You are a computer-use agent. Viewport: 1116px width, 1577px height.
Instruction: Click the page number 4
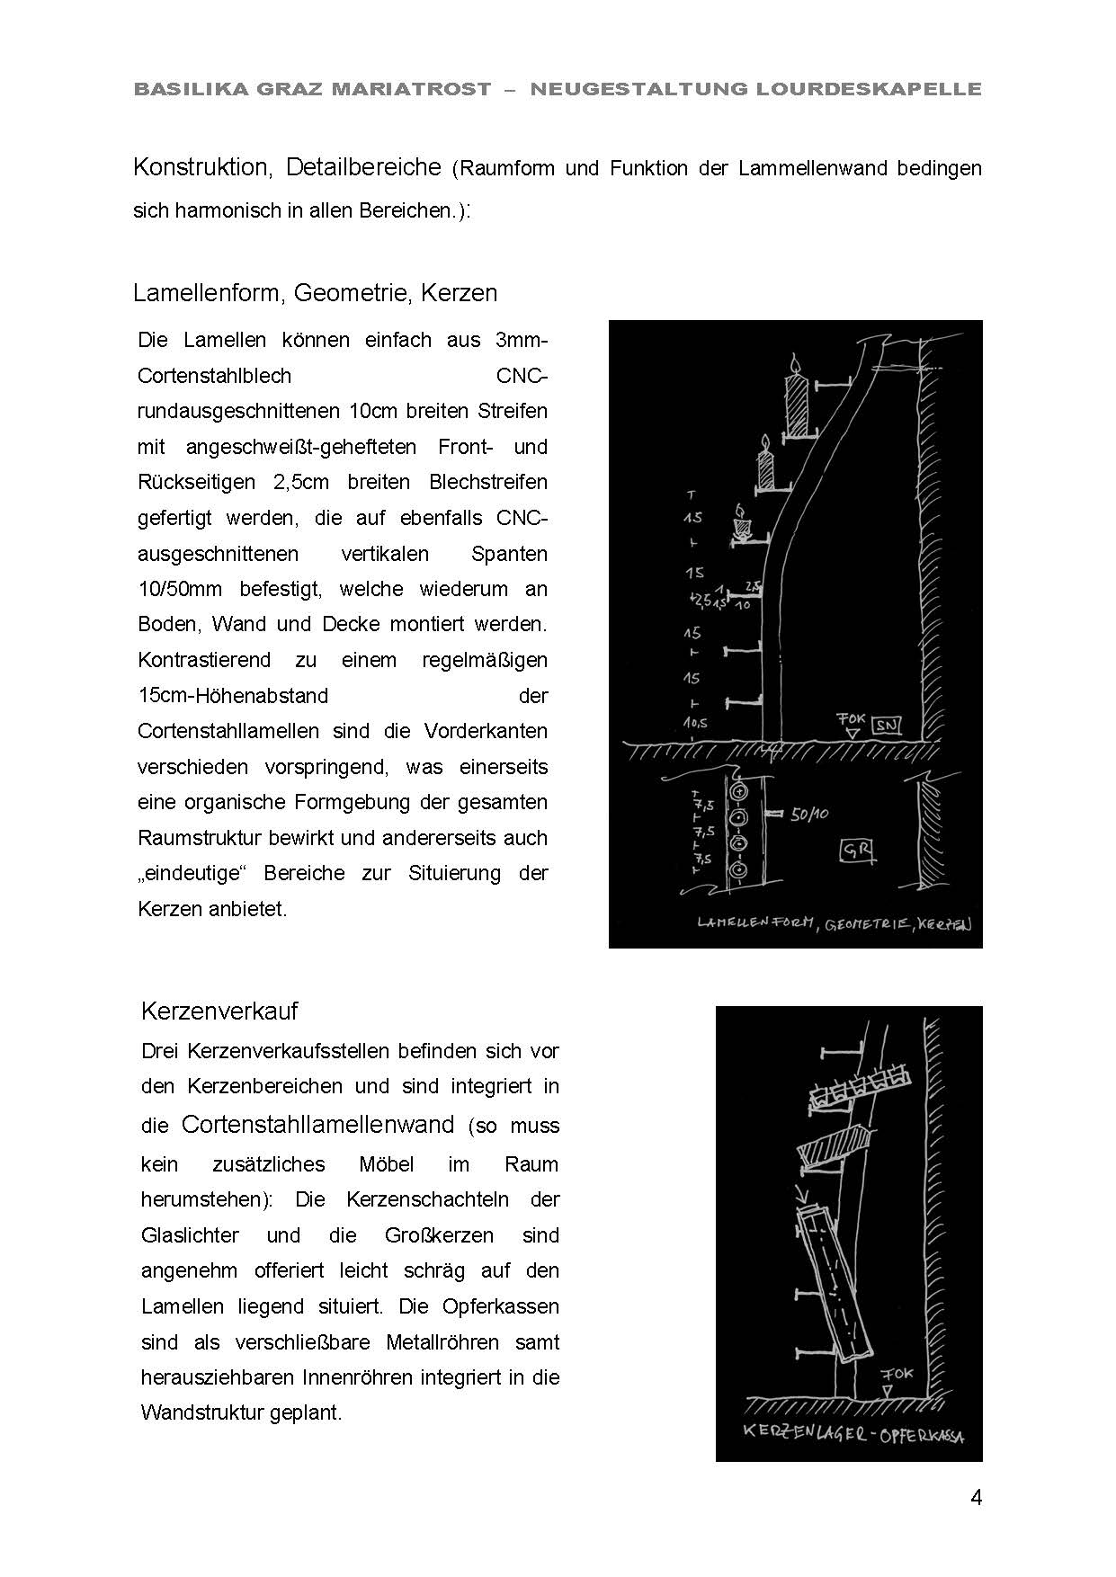976,1498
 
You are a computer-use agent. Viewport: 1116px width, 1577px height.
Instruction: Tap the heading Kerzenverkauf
219,1011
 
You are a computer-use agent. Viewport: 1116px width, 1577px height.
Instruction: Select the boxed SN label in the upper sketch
887,725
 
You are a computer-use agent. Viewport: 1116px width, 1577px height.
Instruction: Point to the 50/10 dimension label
808,815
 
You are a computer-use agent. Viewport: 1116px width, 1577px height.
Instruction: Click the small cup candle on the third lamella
742,523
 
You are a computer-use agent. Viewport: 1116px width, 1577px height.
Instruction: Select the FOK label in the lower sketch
896,1373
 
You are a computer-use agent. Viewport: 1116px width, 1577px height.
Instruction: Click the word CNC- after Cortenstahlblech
522,376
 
